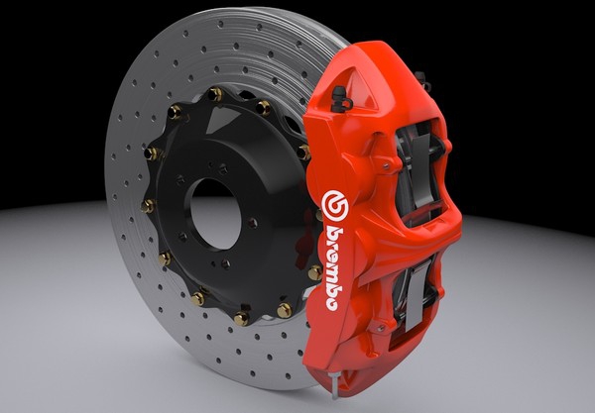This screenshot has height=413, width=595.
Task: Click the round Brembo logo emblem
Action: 335,206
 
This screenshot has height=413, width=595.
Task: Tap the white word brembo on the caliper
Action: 334,268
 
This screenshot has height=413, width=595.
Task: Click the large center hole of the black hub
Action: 215,214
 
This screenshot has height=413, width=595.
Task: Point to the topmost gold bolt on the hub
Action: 215,93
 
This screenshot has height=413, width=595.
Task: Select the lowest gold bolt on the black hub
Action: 241,318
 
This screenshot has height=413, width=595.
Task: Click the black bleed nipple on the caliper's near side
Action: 340,98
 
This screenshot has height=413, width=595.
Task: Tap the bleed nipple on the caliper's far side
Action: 422,80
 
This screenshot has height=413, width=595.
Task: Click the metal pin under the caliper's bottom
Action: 335,384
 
